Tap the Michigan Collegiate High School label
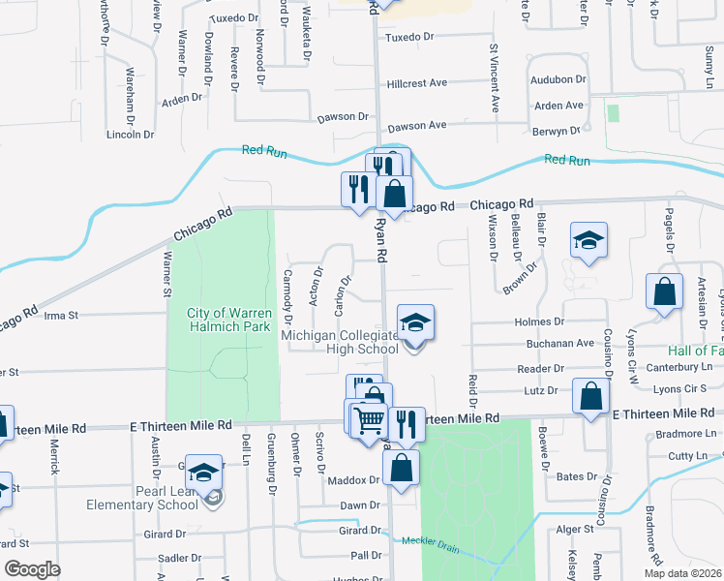tap(339, 342)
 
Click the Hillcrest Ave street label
tap(417, 83)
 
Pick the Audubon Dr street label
tap(558, 79)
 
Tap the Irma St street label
tap(60, 315)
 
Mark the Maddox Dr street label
tap(354, 480)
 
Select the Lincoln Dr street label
tap(129, 134)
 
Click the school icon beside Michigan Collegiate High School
tap(416, 322)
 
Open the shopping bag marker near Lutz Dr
tap(590, 395)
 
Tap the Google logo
tap(32, 568)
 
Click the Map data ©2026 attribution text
tap(680, 573)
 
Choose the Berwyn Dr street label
tap(555, 130)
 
